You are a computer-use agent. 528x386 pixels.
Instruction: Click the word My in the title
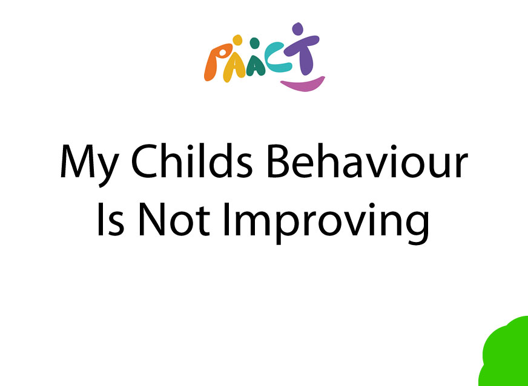click(x=89, y=165)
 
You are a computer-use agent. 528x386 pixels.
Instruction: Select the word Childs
click(x=191, y=160)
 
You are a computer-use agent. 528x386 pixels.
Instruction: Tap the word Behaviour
click(x=368, y=160)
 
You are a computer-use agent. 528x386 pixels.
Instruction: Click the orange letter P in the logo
click(x=218, y=62)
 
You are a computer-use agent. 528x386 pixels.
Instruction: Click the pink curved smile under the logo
click(x=303, y=85)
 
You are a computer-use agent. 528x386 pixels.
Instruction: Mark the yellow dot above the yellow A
click(x=237, y=40)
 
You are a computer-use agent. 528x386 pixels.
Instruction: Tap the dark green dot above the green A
click(x=255, y=43)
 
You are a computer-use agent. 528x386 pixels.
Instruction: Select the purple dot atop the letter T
click(x=297, y=28)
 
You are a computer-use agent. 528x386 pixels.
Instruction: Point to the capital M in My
click(x=77, y=161)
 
